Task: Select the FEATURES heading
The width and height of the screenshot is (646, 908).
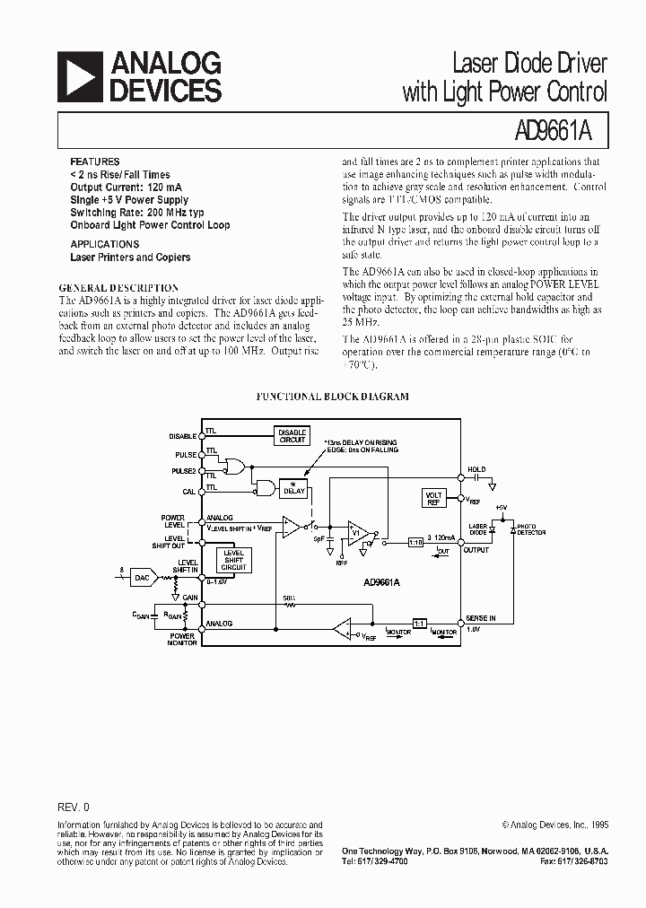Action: pyautogui.click(x=94, y=162)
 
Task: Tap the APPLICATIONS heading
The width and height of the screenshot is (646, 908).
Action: pyautogui.click(x=104, y=244)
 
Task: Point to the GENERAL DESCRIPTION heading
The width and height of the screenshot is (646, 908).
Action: pyautogui.click(x=118, y=288)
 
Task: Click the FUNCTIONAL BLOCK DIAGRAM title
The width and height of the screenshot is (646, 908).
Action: pyautogui.click(x=333, y=396)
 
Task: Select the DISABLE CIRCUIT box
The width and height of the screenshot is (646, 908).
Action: pyautogui.click(x=292, y=435)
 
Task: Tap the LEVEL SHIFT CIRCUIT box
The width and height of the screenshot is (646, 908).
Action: pyautogui.click(x=234, y=561)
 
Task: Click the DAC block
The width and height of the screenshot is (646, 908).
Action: pyautogui.click(x=142, y=578)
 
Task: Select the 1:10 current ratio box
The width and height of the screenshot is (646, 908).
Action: pyautogui.click(x=415, y=543)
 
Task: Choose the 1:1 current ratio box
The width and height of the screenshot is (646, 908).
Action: pyautogui.click(x=420, y=622)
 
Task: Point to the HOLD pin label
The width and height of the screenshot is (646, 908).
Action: pyautogui.click(x=476, y=469)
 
